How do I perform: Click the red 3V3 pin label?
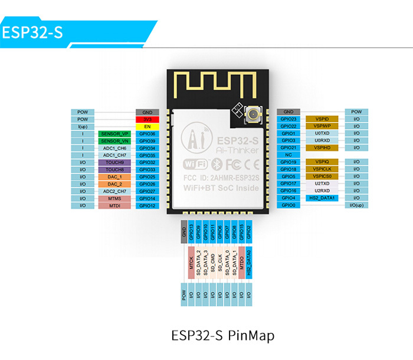[x=147, y=119]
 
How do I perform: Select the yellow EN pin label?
[x=147, y=126]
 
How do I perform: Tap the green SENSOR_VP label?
[x=114, y=134]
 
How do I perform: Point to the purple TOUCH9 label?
[x=114, y=162]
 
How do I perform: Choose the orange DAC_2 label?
[x=114, y=184]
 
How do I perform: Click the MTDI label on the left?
[x=114, y=205]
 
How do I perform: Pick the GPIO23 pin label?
[x=289, y=119]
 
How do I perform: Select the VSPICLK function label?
[x=322, y=169]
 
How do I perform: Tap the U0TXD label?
[x=322, y=133]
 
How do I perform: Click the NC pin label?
[x=289, y=155]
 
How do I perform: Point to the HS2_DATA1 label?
[x=322, y=198]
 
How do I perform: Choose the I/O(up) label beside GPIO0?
[x=356, y=205]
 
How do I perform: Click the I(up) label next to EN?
[x=82, y=126]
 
